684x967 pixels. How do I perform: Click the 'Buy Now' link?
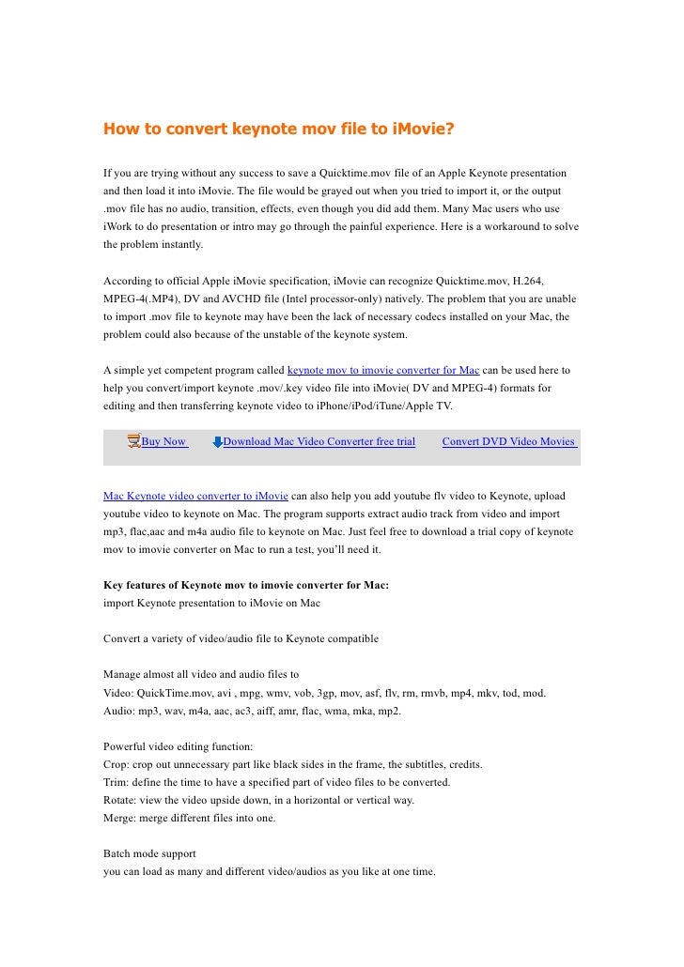163,441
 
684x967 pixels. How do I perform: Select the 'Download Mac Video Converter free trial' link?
319,441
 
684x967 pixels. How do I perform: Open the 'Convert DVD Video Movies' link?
508,441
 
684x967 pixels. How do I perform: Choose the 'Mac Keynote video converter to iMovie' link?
195,494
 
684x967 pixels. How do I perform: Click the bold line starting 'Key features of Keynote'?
246,585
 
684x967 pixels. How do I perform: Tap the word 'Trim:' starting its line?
117,782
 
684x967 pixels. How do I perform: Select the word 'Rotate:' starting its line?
122,800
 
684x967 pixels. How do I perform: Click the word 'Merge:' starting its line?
121,818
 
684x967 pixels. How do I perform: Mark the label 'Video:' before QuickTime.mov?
119,692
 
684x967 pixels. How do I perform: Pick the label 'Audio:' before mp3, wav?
120,710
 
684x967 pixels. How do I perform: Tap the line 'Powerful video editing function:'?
178,746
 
